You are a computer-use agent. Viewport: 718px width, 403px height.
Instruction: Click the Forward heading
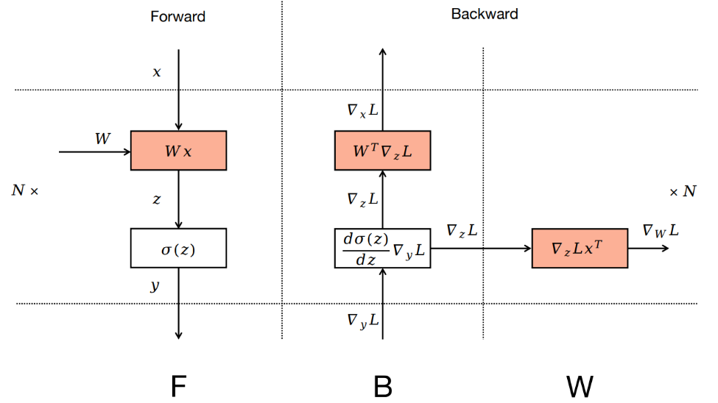tap(177, 17)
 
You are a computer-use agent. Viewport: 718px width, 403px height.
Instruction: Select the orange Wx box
tap(178, 151)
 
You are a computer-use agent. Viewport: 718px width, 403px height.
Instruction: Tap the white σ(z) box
tap(178, 248)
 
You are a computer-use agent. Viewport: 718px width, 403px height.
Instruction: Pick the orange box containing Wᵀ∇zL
tap(382, 151)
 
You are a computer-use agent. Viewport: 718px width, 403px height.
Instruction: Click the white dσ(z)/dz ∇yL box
tap(382, 248)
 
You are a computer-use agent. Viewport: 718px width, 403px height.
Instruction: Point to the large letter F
tap(177, 385)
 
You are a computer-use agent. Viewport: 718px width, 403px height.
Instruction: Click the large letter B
tap(382, 385)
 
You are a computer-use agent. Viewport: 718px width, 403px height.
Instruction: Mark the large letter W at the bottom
tap(580, 385)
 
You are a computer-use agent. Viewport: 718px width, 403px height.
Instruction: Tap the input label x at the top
tap(157, 72)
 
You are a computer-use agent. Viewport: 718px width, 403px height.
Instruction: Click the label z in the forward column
tap(156, 199)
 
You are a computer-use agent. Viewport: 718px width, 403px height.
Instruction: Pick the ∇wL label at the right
tap(660, 231)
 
